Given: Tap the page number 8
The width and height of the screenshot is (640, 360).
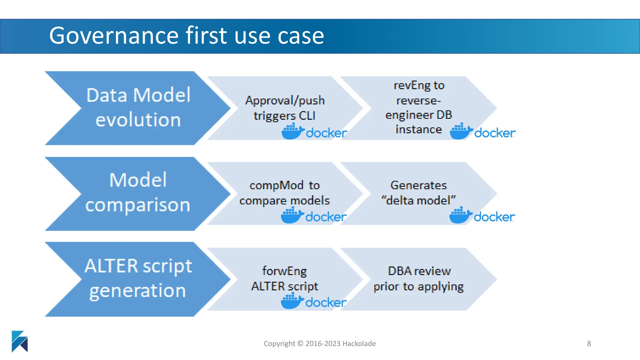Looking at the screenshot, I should (x=589, y=343).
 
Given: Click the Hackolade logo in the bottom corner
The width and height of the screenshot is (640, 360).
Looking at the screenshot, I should (x=20, y=341).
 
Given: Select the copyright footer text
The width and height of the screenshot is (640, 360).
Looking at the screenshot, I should (x=320, y=343).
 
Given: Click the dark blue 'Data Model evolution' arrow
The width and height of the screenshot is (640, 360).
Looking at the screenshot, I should (x=137, y=108).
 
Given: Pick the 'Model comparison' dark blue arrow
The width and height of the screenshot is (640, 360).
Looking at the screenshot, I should (x=137, y=193).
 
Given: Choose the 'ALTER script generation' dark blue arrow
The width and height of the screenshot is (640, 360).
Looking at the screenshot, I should (x=137, y=279).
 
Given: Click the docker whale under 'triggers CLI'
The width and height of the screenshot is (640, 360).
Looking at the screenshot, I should (x=292, y=131).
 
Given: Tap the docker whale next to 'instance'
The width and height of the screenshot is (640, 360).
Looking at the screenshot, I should (x=461, y=131).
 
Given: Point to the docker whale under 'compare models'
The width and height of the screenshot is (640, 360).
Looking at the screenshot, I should (x=292, y=216).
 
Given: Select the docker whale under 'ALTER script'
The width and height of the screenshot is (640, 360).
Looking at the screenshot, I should (x=292, y=301).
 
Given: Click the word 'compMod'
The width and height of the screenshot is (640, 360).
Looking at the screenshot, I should (x=277, y=185).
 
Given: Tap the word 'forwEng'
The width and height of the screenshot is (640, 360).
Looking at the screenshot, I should (x=284, y=271).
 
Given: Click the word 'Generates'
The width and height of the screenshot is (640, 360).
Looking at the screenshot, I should (x=418, y=185).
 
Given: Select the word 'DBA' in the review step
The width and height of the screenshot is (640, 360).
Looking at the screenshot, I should (x=399, y=271).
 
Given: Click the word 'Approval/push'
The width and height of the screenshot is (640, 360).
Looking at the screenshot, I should (x=285, y=101).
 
